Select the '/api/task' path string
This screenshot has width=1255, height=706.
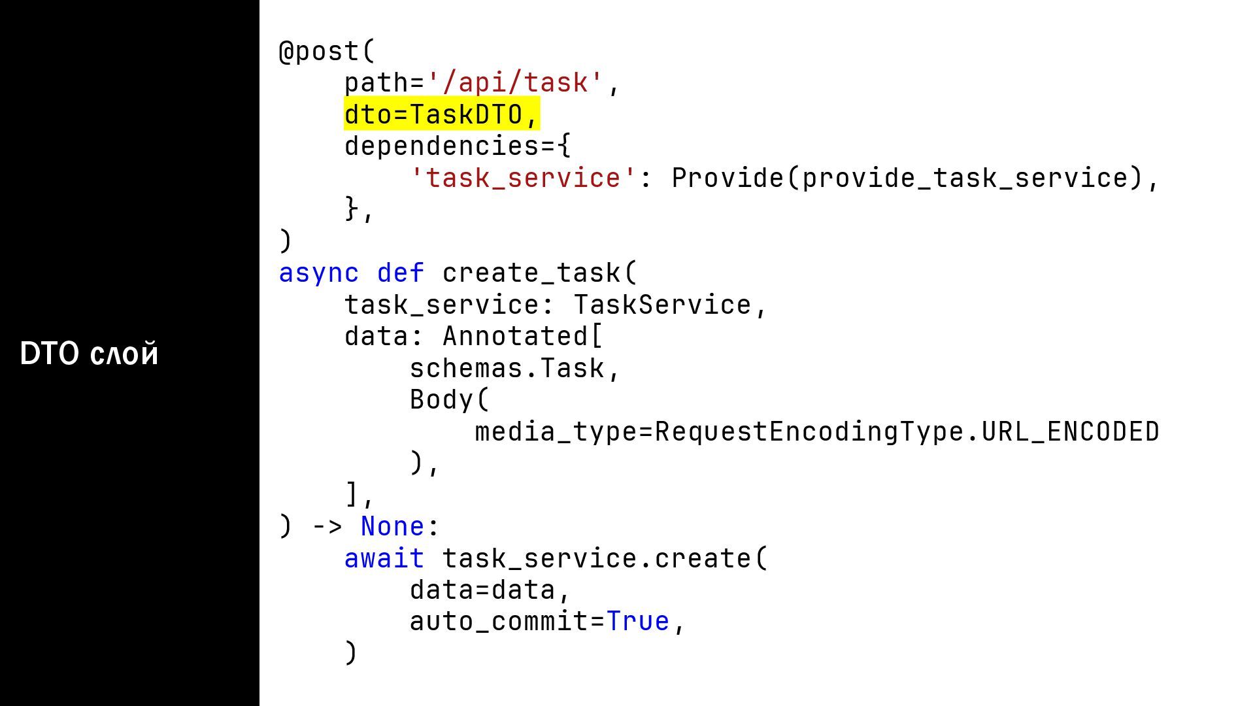(x=515, y=83)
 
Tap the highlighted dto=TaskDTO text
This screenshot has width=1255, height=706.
(x=441, y=114)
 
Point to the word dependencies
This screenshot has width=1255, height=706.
(x=442, y=146)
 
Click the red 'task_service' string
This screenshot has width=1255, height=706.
(x=523, y=178)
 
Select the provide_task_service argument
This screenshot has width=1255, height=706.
(x=965, y=178)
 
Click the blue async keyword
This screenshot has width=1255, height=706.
(x=319, y=273)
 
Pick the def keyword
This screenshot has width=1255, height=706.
(x=401, y=273)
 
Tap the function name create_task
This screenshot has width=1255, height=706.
(x=531, y=273)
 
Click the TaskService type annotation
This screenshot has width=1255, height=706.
(x=662, y=305)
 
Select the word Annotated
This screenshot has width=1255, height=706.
(x=515, y=337)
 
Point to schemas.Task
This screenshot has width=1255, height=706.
(x=507, y=369)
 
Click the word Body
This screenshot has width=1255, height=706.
(x=442, y=400)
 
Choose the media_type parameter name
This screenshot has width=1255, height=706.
(x=556, y=432)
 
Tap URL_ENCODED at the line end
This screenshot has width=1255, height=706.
(x=1071, y=432)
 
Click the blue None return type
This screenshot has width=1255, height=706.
(x=392, y=527)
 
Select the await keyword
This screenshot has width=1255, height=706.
(x=384, y=559)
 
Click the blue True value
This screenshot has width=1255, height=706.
(x=638, y=622)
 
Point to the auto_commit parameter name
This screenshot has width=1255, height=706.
(x=499, y=622)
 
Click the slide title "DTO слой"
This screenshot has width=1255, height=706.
(x=90, y=354)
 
